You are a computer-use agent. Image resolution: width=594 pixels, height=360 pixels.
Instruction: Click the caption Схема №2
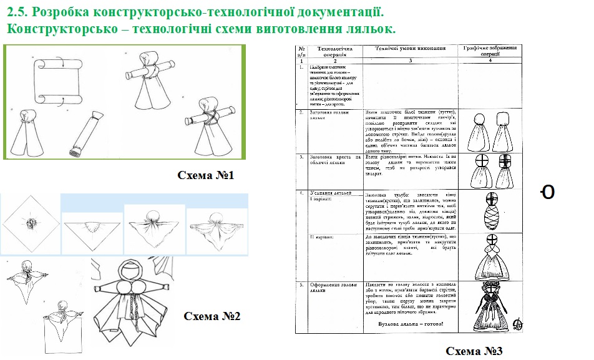pos(212,316)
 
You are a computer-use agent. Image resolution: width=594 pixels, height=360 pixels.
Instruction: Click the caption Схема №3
pos(474,351)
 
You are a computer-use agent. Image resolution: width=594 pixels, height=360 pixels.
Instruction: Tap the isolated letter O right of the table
pos(547,193)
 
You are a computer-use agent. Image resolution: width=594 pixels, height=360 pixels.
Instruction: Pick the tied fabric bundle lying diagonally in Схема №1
pos(87,134)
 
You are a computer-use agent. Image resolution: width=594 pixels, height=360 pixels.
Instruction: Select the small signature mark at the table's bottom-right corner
pos(517,324)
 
